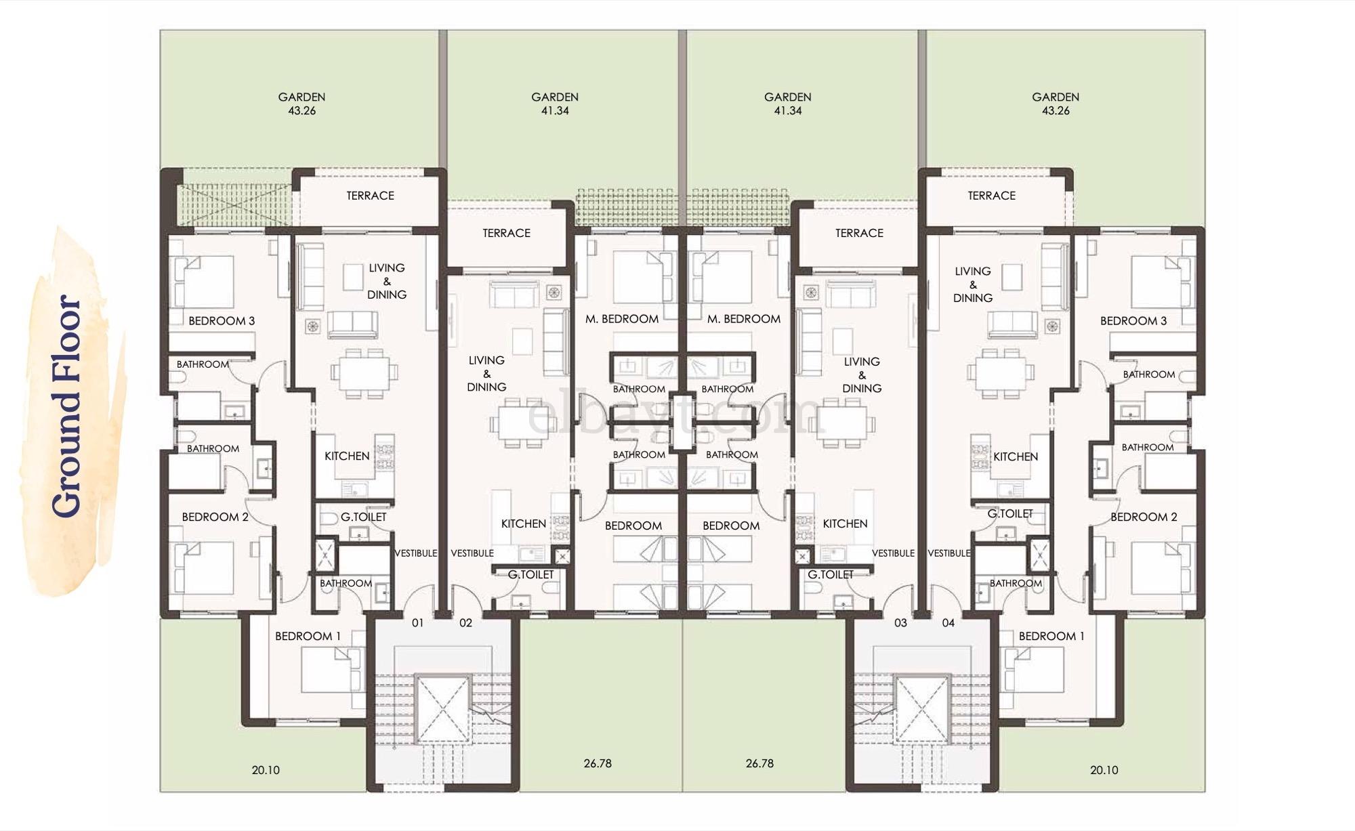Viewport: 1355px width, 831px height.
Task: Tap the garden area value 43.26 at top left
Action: (x=301, y=111)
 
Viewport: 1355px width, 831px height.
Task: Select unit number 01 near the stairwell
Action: (x=417, y=622)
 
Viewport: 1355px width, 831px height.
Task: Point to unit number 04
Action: (x=948, y=622)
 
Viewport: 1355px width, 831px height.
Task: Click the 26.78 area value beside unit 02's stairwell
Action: (x=597, y=763)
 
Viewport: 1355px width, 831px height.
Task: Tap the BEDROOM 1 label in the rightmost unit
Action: (x=1051, y=636)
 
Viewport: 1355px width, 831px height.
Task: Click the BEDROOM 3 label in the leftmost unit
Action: (x=222, y=321)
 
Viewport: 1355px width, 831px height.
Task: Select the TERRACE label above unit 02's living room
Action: (x=506, y=233)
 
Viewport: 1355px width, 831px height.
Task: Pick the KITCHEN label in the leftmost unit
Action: (x=347, y=456)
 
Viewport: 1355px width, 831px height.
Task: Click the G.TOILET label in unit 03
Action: (x=830, y=574)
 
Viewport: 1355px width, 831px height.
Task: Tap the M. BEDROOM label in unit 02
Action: (x=621, y=319)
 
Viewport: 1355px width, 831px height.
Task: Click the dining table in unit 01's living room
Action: (x=364, y=373)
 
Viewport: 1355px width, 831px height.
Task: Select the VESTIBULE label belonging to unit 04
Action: (x=948, y=553)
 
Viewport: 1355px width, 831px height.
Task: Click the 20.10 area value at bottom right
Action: (x=1104, y=770)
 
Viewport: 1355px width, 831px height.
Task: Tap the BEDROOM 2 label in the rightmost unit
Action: (x=1144, y=517)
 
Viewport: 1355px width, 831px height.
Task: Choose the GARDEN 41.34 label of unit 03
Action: (x=787, y=104)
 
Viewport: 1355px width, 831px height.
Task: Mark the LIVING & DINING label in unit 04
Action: (x=972, y=284)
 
